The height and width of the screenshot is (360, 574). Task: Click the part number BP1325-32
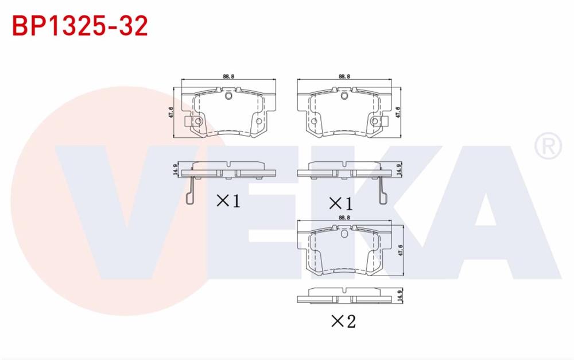click(x=80, y=26)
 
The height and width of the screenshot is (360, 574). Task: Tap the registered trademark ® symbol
click(x=548, y=146)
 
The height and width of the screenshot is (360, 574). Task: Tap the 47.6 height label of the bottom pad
click(x=400, y=251)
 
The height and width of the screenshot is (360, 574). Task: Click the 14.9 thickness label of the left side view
click(x=174, y=170)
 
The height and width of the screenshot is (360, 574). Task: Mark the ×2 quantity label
click(x=343, y=321)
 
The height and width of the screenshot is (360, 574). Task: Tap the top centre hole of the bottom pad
click(x=344, y=234)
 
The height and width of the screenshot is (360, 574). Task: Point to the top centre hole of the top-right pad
click(x=344, y=95)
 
